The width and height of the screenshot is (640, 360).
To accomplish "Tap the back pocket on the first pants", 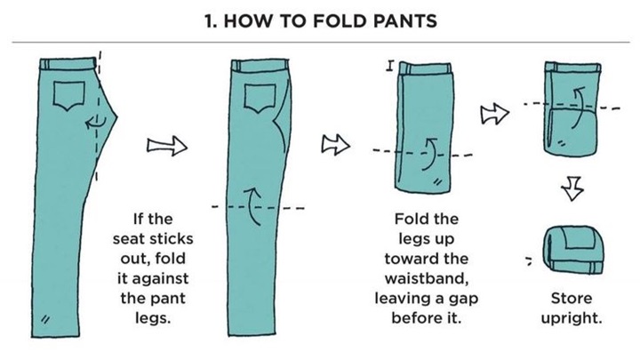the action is click(69, 95).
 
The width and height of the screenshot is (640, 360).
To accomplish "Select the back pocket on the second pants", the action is click(260, 99).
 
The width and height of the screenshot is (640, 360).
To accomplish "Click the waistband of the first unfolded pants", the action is click(68, 64).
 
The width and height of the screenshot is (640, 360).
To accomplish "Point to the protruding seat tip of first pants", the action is click(117, 117).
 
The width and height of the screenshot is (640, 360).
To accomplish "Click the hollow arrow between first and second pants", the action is click(167, 145).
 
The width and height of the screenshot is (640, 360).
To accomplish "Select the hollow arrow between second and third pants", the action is click(335, 145).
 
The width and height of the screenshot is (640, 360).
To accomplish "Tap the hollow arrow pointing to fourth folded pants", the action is click(495, 114).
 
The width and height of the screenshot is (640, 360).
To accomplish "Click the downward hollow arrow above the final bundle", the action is click(572, 188).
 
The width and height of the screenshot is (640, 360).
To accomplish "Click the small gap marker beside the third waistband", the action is click(390, 66).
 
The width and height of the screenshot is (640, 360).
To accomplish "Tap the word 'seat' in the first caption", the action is click(129, 238).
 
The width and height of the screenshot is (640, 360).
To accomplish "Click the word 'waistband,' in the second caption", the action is click(427, 278).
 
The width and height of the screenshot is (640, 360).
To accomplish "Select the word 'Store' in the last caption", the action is click(572, 298).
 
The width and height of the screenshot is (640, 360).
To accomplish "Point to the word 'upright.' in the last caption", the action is click(572, 318).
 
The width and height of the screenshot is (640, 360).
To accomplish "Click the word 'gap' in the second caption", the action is click(463, 299).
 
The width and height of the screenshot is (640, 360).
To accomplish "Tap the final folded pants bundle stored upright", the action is click(573, 250).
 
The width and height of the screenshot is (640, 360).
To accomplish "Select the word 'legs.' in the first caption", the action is click(153, 318).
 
